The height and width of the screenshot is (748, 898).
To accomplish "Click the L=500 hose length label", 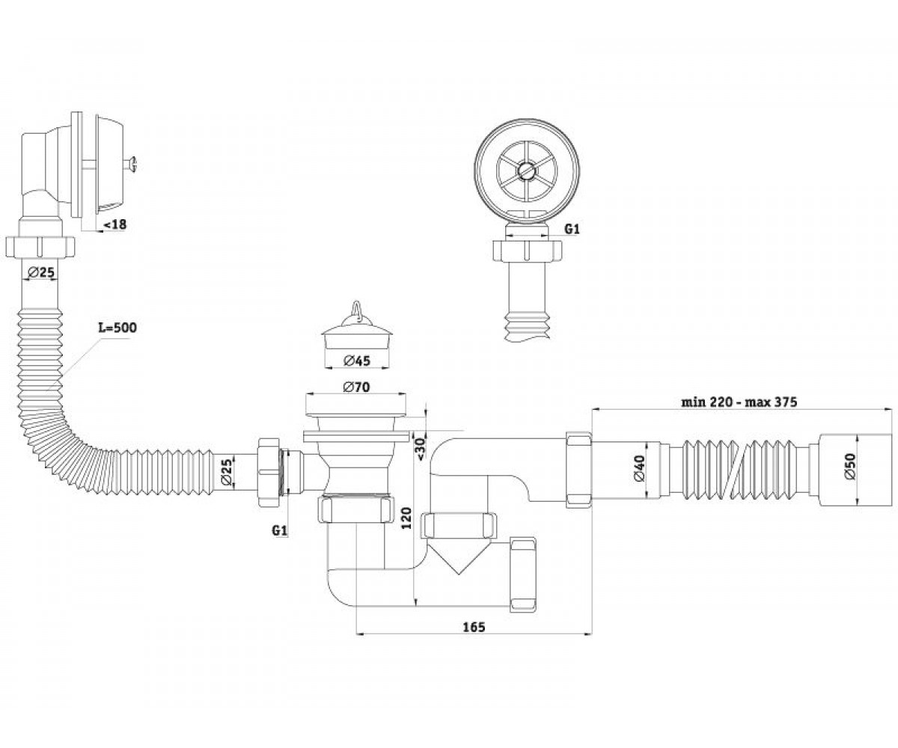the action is (117, 328).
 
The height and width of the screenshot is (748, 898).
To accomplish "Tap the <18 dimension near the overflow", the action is (116, 224).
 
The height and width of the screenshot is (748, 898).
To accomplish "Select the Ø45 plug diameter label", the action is (357, 361).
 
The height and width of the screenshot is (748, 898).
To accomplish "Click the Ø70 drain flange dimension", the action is (356, 387).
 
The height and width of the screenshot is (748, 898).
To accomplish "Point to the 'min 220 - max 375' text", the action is (739, 402).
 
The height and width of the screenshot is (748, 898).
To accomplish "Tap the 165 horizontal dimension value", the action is (474, 628).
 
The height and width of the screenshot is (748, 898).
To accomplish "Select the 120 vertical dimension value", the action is (407, 518).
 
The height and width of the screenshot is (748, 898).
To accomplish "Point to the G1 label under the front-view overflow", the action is (572, 229).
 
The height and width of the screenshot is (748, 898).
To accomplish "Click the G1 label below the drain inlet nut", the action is (279, 531).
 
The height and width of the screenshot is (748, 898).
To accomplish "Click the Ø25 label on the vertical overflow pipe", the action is (41, 272).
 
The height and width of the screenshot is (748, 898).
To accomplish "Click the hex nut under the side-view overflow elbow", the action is (40, 246).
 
